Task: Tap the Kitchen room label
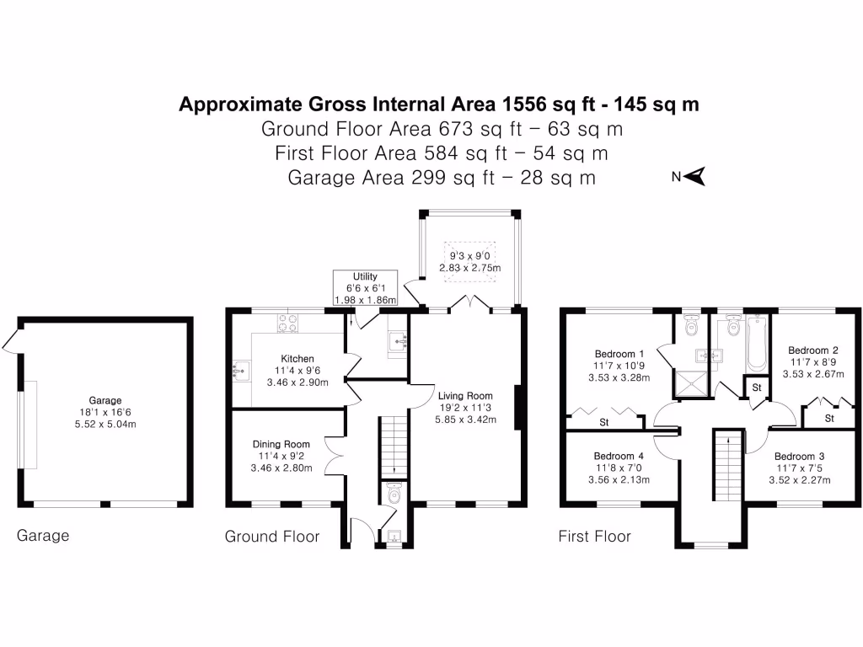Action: click(x=299, y=359)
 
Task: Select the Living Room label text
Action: click(x=464, y=395)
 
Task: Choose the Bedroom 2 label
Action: click(x=812, y=350)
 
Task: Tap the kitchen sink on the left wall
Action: click(x=239, y=369)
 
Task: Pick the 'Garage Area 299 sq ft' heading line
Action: click(x=442, y=178)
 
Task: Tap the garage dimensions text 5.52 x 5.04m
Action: click(x=106, y=424)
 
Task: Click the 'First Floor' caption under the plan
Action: click(x=594, y=536)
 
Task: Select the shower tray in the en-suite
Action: click(x=692, y=383)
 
